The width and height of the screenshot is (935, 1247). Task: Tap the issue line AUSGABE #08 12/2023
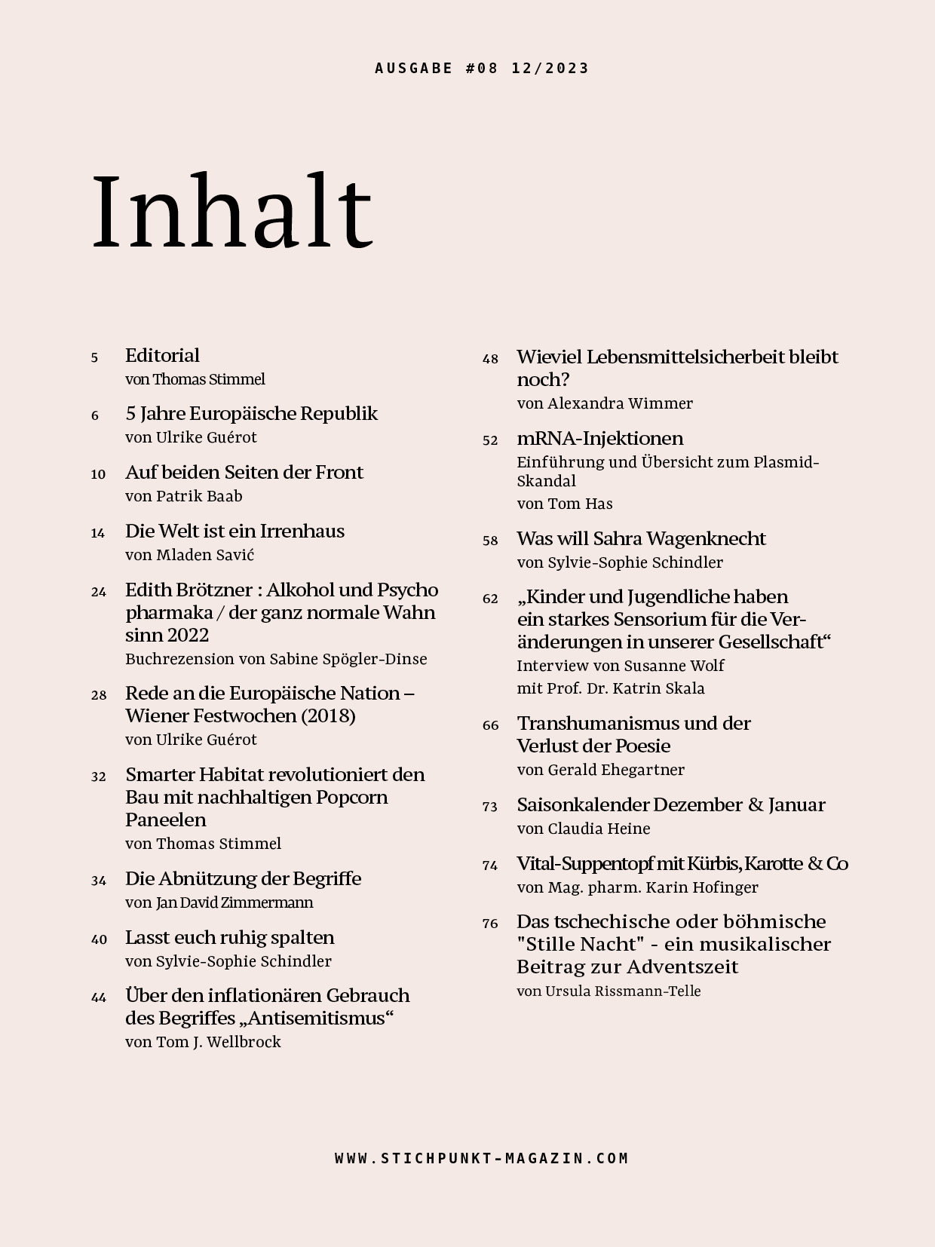[482, 69]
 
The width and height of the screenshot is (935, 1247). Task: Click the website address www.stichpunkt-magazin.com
[482, 1158]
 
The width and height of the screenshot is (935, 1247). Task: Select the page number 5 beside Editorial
[94, 358]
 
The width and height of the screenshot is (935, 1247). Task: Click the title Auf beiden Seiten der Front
[244, 472]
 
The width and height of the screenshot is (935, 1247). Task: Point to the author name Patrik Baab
[199, 496]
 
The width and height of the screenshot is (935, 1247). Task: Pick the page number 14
[98, 533]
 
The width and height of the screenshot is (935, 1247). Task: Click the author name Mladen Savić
[205, 555]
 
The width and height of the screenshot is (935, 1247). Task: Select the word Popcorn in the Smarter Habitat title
[351, 797]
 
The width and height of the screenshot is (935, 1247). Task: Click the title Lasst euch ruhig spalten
[229, 937]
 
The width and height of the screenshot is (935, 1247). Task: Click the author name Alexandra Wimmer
[620, 403]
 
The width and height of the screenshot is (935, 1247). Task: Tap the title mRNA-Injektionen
[599, 438]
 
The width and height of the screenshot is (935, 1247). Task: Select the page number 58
[490, 541]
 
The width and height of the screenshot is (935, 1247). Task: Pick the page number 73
[490, 807]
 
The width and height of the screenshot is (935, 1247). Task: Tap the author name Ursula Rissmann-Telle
[624, 991]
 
